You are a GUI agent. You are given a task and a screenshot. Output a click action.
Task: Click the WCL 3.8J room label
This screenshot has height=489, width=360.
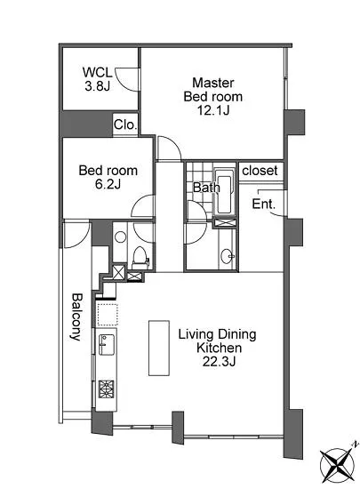coord(97,79)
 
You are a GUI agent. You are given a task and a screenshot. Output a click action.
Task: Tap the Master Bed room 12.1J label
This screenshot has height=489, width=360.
coord(212,96)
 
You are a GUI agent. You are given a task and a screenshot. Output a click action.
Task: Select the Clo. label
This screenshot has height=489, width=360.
coord(125,124)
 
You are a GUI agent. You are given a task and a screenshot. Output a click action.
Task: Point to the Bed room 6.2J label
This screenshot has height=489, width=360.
coord(108,177)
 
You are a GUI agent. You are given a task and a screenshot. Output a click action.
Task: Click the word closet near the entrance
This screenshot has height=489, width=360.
coord(260,171)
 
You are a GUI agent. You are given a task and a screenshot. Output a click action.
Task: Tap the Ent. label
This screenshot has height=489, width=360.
coord(263,204)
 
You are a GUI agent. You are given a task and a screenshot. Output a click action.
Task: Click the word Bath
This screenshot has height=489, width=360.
coord(206,188)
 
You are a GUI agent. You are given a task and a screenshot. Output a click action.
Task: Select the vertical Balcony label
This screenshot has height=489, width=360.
coord(76,317)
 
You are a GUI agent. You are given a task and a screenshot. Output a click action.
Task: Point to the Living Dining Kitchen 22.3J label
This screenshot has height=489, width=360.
coord(218,348)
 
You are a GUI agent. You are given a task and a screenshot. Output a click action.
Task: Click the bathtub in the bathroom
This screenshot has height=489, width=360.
coord(224,191)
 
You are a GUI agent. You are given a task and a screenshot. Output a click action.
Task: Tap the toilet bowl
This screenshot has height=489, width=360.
coord(140,258)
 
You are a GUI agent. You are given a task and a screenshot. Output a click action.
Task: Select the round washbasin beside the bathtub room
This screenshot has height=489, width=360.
coord(228,256)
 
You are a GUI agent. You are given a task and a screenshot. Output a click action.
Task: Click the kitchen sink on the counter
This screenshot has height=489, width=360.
coord(107,344)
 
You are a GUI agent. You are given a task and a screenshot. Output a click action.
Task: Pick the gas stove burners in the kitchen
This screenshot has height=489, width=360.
coord(107,389)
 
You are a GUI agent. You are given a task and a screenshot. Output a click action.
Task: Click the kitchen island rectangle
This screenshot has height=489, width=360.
coord(159,348)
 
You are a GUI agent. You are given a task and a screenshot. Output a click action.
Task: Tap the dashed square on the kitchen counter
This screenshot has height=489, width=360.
coord(107,315)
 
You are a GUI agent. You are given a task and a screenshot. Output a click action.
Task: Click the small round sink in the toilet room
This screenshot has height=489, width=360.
coord(120,236)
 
